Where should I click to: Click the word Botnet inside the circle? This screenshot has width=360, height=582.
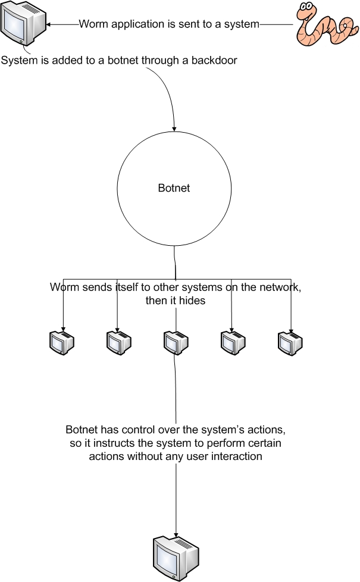tap(174, 188)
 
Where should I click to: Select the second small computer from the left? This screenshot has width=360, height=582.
tap(118, 342)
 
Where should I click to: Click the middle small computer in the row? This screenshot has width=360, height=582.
tap(176, 342)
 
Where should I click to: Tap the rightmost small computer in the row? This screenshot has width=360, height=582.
tap(290, 342)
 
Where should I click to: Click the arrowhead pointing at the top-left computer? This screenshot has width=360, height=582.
tap(51, 24)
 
